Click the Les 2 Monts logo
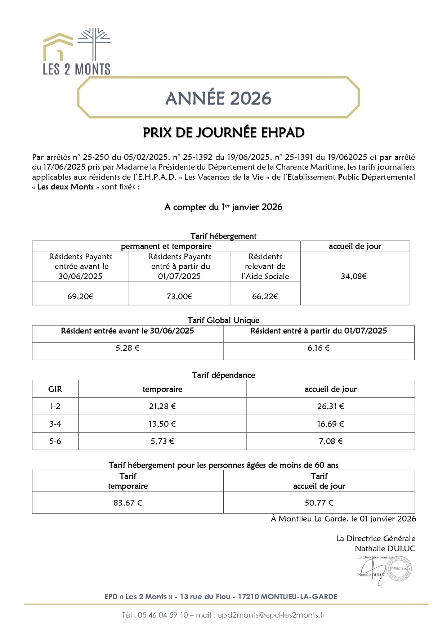pos(77,51)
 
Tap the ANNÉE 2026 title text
pos(218,98)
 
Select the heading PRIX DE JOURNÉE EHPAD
pos(223,133)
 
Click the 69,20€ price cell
pos(80,296)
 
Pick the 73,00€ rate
pos(179,296)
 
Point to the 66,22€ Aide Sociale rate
pos(265,296)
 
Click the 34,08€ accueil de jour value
pos(354,276)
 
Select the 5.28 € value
pos(128,348)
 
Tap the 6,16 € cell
pos(318,348)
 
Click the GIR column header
pos(55,389)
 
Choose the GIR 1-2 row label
pos(55,406)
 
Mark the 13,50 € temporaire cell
pos(162,424)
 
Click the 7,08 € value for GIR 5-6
pos(330,441)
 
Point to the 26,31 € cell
pos(330,406)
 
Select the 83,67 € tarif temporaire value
pos(128,503)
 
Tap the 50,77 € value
pos(319,503)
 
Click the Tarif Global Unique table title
pos(223,320)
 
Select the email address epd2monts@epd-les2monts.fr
pos(271,615)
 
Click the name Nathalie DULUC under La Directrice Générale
pos(385,548)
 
